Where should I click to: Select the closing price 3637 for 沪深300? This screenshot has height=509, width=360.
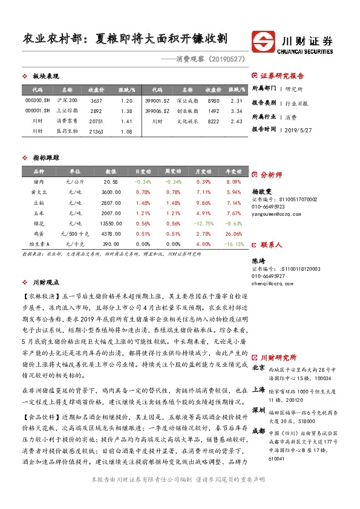click(x=96, y=100)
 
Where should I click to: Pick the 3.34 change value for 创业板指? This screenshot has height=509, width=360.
click(x=237, y=111)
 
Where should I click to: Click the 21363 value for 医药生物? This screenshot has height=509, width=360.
click(x=96, y=131)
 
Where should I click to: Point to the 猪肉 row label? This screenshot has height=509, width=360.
click(x=39, y=181)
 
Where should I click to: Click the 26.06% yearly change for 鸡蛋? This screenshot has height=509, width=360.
click(x=233, y=233)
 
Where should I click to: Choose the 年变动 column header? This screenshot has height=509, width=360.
click(x=233, y=171)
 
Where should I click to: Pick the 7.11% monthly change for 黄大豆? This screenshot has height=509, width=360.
click(x=203, y=192)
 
